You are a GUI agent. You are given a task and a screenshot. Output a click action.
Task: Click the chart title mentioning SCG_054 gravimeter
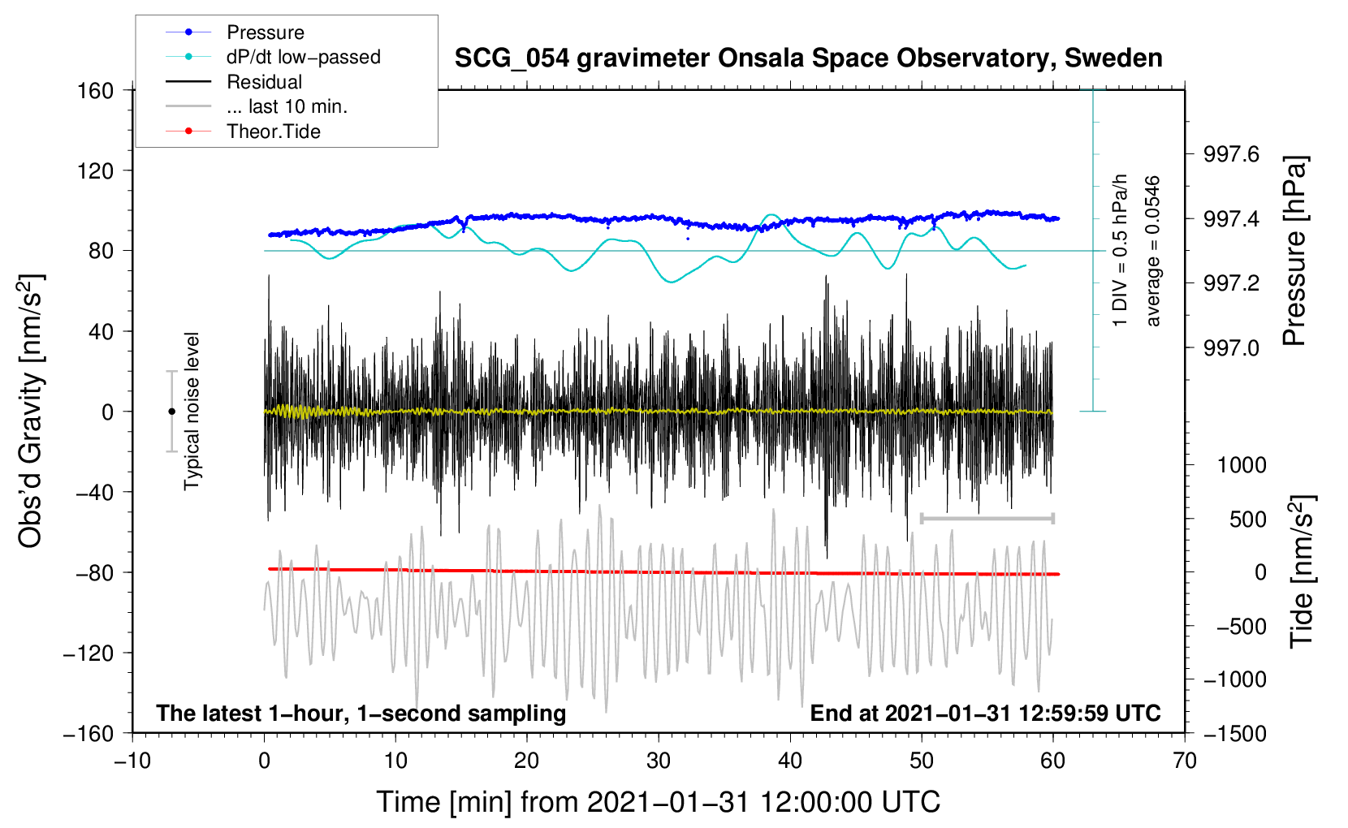[808, 58]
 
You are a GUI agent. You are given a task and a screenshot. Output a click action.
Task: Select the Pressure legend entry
[235, 32]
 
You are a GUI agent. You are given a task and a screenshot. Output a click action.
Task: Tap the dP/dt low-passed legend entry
[273, 57]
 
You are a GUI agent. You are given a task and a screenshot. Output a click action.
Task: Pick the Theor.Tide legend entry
[243, 132]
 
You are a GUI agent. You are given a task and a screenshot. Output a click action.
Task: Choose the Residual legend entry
[234, 82]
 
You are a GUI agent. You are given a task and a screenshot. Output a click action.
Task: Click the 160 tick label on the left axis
[96, 91]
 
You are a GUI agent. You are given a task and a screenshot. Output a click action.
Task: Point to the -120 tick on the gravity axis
[89, 653]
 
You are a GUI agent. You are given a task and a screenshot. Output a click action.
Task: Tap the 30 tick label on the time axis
[659, 761]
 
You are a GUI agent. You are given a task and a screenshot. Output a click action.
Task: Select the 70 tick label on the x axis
[1184, 761]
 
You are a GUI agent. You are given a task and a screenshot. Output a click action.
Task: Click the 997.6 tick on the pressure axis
[1231, 154]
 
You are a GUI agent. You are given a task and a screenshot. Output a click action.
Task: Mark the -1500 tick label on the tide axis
[1235, 734]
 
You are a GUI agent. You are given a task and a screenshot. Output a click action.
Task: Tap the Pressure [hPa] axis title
[1294, 251]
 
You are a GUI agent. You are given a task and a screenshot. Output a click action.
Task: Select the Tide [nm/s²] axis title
[1303, 571]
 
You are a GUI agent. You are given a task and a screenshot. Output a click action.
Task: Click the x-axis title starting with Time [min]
[659, 802]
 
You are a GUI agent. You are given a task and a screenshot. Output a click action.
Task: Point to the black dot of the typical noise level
[171, 412]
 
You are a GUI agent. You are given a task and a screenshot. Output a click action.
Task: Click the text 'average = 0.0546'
[1152, 251]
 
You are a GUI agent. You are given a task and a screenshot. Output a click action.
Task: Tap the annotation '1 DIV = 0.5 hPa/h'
[1119, 251]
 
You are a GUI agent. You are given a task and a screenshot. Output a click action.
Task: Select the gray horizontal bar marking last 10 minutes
[987, 518]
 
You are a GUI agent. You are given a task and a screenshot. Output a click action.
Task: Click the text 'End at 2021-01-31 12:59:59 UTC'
[985, 713]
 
